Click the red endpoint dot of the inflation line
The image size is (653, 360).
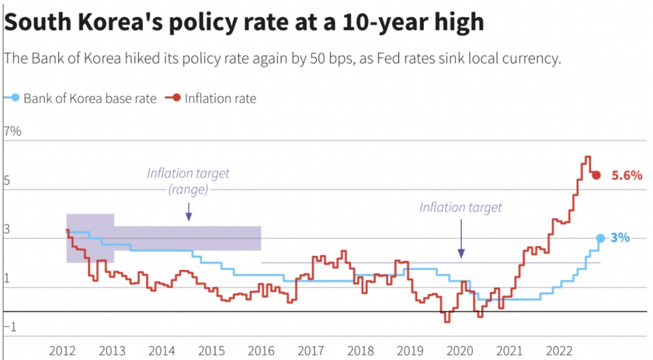[x=596, y=175]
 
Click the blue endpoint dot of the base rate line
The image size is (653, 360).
[x=600, y=238]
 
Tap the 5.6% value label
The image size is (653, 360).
[x=626, y=175]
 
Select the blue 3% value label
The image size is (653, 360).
[x=620, y=238]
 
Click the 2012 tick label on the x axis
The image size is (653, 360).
[x=62, y=350]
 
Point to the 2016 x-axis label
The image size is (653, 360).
[x=261, y=350]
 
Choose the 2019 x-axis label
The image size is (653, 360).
[x=410, y=350]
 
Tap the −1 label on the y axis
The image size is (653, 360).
[x=11, y=327]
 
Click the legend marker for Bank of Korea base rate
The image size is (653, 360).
[x=15, y=98]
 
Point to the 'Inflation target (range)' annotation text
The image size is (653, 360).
[x=188, y=181]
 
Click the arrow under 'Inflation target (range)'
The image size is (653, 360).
[x=188, y=212]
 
